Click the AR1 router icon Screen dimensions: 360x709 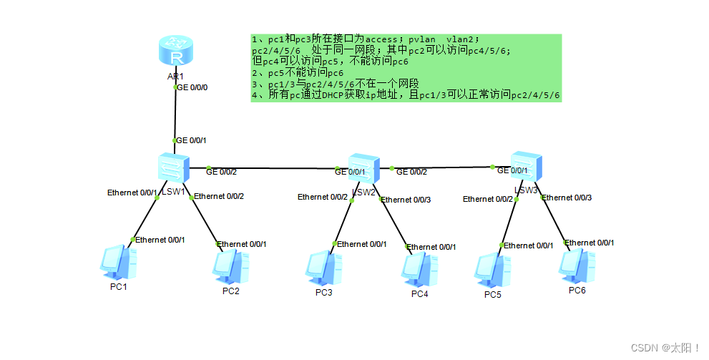(175, 52)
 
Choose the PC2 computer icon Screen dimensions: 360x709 (230, 266)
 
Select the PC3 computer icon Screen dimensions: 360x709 (323, 268)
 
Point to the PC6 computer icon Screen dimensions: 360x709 (577, 266)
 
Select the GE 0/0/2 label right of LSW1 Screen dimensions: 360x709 (221, 171)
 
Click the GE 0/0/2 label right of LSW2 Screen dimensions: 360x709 (411, 172)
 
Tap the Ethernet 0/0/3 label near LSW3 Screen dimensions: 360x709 (567, 198)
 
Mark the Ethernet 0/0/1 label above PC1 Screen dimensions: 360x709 (160, 240)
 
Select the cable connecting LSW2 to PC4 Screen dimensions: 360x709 (394, 223)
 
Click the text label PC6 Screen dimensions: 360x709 (577, 291)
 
